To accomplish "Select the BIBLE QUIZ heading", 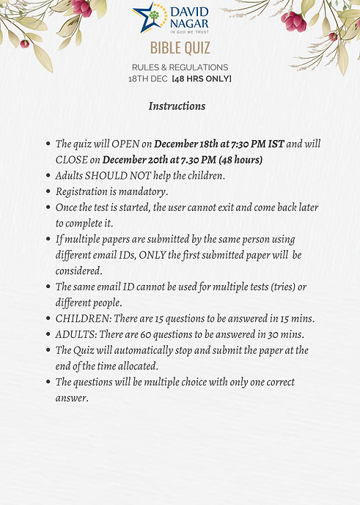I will pos(180,48).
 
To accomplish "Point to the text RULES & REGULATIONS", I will pos(180,67).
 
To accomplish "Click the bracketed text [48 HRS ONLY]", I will pos(201,78).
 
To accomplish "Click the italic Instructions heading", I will pos(177,106).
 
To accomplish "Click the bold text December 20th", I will pos(134,160).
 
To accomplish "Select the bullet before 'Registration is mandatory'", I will pos(48,191).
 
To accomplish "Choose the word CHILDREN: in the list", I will pos(83,319).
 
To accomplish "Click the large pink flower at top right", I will pos(293,20).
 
